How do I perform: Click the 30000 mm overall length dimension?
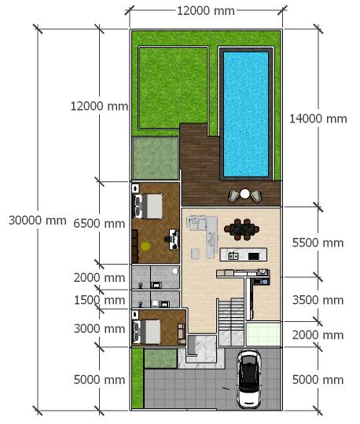click(x=38, y=221)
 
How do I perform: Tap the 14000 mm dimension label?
click(x=318, y=119)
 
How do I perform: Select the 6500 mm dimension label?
click(x=99, y=224)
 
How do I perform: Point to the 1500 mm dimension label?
click(x=99, y=300)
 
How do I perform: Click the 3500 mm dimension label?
click(x=318, y=300)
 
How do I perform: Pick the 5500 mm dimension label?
click(x=318, y=243)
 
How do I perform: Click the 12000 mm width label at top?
click(x=206, y=11)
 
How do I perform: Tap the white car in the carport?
click(x=249, y=379)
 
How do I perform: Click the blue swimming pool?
click(x=246, y=114)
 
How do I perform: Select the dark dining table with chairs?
click(x=242, y=229)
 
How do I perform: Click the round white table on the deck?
click(x=244, y=194)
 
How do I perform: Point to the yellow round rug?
click(x=145, y=246)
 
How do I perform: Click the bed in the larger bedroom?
click(x=148, y=206)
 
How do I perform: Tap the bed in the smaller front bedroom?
click(x=146, y=332)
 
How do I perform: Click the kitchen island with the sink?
click(x=244, y=254)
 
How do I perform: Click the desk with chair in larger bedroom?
click(x=172, y=239)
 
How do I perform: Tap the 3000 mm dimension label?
click(x=99, y=329)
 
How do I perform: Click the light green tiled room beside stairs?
click(x=263, y=334)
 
